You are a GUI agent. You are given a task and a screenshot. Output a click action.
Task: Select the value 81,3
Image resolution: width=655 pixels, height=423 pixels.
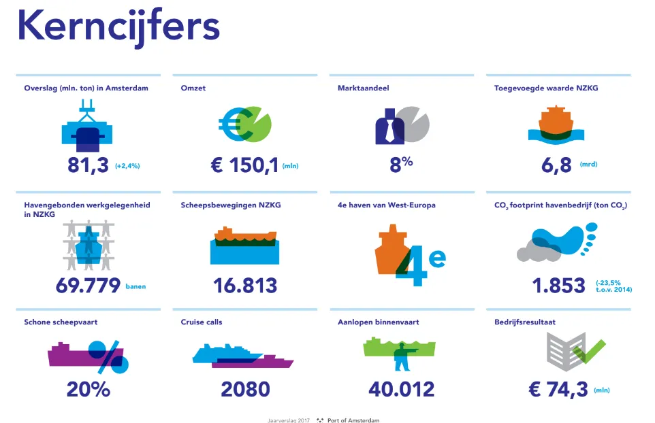pyautogui.click(x=88, y=165)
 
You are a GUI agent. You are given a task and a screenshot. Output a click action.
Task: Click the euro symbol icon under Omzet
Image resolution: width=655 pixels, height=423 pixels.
pyautogui.click(x=232, y=123)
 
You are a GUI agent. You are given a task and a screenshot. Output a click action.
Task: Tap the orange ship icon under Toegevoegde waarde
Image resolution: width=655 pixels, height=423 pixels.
pyautogui.click(x=555, y=122)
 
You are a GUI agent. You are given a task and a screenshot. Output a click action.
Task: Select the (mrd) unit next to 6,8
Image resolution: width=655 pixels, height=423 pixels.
pyautogui.click(x=588, y=165)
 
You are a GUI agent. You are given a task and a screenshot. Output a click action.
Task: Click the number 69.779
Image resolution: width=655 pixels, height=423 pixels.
pyautogui.click(x=88, y=285)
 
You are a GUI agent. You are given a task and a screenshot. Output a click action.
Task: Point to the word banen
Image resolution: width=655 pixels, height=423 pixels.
pyautogui.click(x=135, y=287)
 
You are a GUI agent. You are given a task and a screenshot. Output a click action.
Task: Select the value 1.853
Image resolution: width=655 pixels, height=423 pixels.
pyautogui.click(x=558, y=285)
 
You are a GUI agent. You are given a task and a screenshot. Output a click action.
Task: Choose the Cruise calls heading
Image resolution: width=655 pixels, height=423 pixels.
pyautogui.click(x=202, y=322)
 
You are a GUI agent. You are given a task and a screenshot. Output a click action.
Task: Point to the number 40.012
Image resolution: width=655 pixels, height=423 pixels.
pyautogui.click(x=401, y=390)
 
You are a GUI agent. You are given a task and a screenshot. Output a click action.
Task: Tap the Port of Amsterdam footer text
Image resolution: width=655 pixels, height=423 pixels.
pyautogui.click(x=353, y=420)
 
